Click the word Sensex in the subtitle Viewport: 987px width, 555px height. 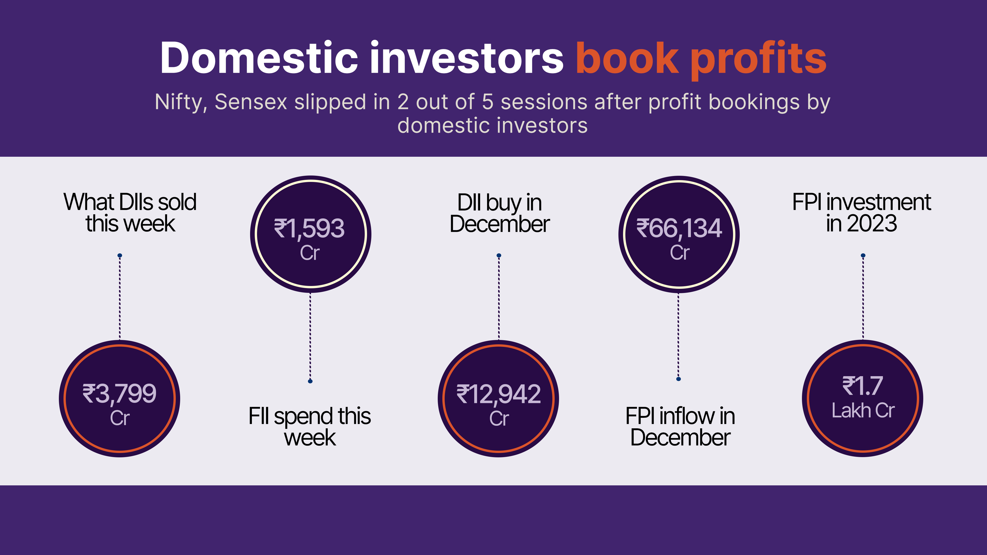[x=251, y=102]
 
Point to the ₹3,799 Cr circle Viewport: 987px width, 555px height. [x=120, y=398]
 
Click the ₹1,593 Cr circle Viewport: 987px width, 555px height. [x=310, y=234]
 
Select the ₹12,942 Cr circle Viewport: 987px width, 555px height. [x=498, y=398]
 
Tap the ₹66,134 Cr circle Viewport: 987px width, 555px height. [x=679, y=234]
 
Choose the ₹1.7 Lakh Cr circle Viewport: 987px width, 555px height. [x=863, y=398]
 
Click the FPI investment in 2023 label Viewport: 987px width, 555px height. [x=862, y=213]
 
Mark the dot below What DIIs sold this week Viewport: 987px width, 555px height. [x=120, y=255]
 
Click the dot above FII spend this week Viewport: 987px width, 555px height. [x=310, y=381]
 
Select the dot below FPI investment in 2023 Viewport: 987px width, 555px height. [x=863, y=255]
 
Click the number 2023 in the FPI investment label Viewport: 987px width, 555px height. [x=872, y=224]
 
